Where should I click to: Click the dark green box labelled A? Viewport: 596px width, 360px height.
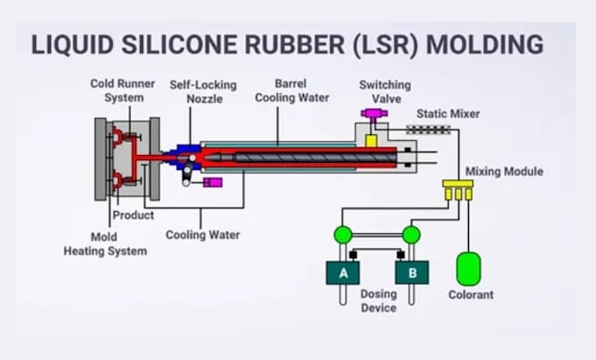[x=343, y=272]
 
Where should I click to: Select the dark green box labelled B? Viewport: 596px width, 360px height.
[x=412, y=272]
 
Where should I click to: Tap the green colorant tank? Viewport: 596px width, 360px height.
[x=468, y=269]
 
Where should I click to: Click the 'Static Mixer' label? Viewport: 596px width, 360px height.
[x=448, y=114]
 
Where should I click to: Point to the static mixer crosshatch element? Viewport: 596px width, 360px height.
[x=429, y=130]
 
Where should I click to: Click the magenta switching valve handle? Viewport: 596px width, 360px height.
[x=374, y=113]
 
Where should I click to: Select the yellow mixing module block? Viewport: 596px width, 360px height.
[x=458, y=189]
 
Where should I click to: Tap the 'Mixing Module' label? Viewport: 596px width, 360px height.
[x=504, y=172]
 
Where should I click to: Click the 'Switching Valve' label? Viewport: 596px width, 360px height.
[x=385, y=92]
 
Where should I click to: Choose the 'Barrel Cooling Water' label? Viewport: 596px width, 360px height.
[x=292, y=91]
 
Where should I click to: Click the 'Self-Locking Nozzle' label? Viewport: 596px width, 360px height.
[x=203, y=92]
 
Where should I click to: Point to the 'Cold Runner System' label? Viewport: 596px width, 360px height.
[x=123, y=91]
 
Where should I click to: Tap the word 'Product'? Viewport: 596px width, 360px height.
[x=133, y=215]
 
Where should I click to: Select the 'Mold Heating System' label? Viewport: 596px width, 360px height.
[x=105, y=244]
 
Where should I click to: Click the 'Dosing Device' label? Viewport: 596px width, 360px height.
[x=379, y=300]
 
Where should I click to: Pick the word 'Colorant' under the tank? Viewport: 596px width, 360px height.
[x=471, y=294]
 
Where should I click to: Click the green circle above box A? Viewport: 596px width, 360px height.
[x=343, y=235]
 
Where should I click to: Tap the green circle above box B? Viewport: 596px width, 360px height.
[x=411, y=235]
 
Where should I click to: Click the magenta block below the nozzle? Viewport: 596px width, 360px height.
[x=213, y=182]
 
